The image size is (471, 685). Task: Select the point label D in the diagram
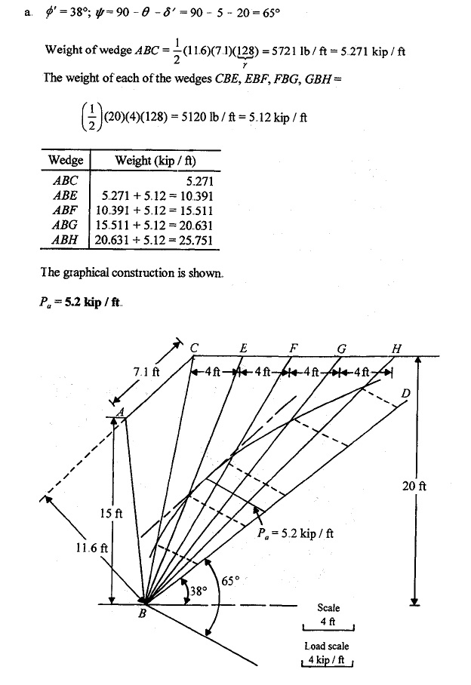click(x=405, y=394)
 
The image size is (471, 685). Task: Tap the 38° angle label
click(x=198, y=592)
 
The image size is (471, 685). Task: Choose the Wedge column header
click(x=65, y=161)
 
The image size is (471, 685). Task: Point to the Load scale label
click(x=327, y=647)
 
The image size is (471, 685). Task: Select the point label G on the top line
click(x=341, y=348)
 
